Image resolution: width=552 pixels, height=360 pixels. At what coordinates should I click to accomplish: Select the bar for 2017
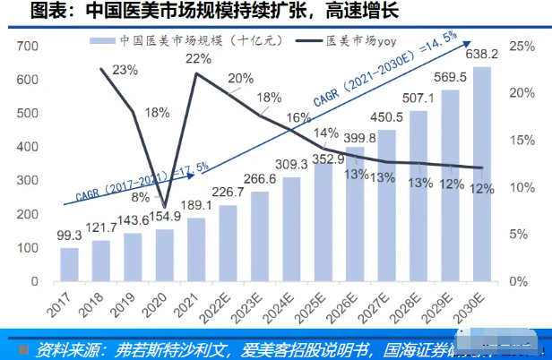point(69,264)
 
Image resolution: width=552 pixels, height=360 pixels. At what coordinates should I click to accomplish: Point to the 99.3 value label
point(69,235)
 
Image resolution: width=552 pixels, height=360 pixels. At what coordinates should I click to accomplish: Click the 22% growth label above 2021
point(198,59)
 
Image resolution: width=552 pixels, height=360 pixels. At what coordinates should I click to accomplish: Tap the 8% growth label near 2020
point(141,198)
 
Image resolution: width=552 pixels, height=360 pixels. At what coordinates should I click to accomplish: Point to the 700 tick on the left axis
point(26,46)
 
